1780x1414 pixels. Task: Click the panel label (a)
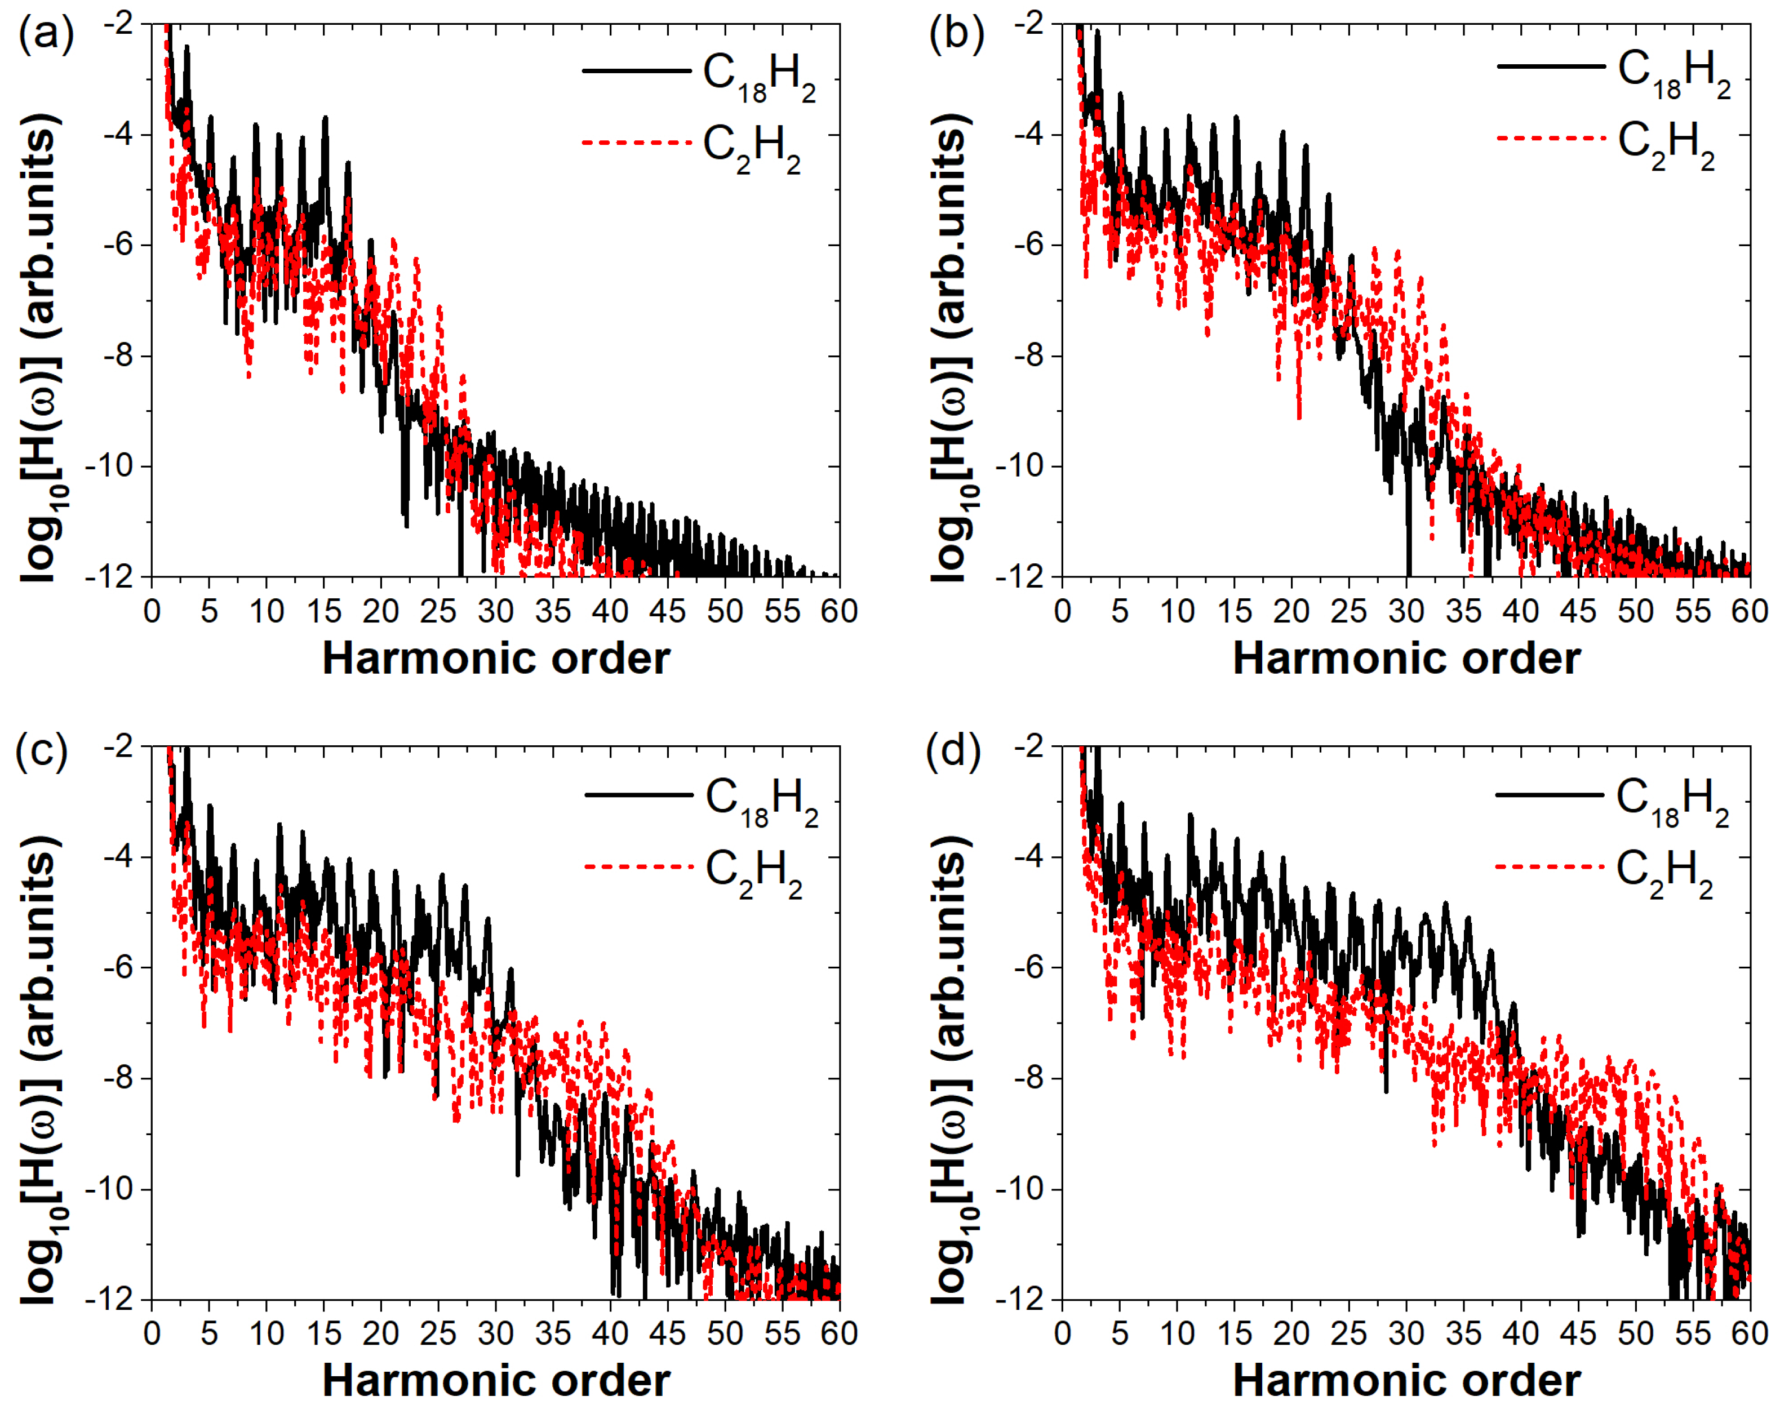point(46,35)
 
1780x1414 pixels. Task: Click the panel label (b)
point(956,35)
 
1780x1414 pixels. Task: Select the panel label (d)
point(953,752)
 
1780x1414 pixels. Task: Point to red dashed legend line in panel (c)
point(638,867)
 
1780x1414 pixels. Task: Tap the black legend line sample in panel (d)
point(1549,795)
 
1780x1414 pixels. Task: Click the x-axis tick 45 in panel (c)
point(667,1332)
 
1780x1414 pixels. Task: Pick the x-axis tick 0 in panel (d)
point(1063,1332)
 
